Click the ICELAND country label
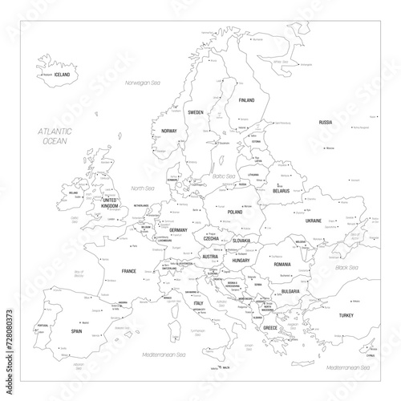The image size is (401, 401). click(62, 75)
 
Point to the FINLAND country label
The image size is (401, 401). click(247, 101)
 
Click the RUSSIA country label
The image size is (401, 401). click(325, 122)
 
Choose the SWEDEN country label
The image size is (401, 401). click(196, 113)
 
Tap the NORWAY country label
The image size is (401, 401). click(168, 130)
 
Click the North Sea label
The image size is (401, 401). click(141, 189)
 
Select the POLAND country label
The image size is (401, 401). click(235, 213)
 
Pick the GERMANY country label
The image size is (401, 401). click(178, 231)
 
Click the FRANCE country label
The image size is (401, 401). click(128, 272)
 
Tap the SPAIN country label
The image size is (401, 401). click(77, 330)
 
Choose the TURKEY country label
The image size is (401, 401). click(346, 316)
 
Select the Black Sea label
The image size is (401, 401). click(346, 267)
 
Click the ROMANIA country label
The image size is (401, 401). click(281, 264)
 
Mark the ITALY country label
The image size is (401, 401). click(197, 303)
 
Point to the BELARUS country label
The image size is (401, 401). click(281, 192)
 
